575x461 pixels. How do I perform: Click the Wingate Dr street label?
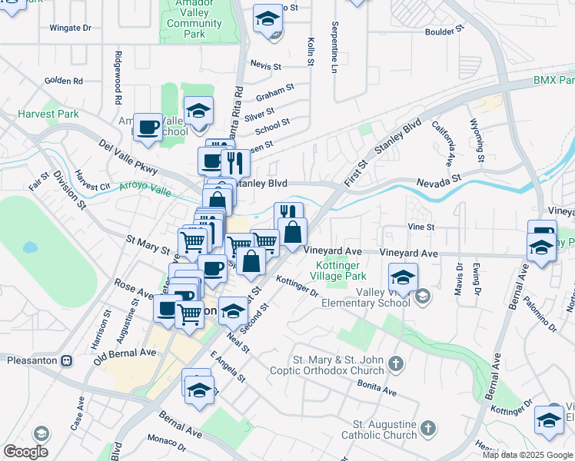coord(70,28)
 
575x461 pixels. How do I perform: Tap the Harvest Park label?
coord(48,114)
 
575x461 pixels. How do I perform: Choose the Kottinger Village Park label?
coord(339,270)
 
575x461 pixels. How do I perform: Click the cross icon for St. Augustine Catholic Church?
coord(428,428)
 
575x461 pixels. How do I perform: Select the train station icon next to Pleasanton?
coord(67,360)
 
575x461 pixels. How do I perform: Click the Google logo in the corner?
coord(25,452)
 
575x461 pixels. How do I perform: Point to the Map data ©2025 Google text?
coord(527,455)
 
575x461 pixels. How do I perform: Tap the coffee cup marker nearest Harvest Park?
coord(147,126)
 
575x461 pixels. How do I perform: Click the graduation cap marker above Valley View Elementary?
coord(402,276)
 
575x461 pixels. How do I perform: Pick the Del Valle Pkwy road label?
coord(128,156)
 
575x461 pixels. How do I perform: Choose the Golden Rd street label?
coord(63,81)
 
